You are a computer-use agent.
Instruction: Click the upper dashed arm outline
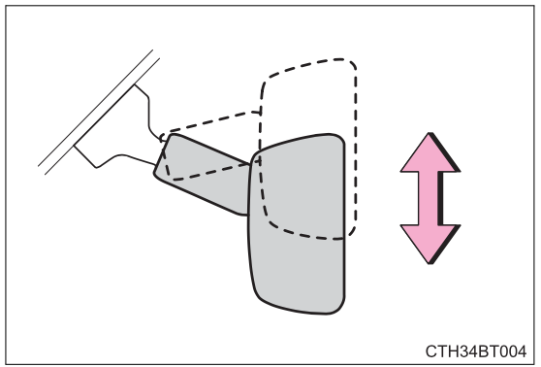pos(208,121)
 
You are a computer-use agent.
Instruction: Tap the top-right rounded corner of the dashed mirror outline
pos(349,68)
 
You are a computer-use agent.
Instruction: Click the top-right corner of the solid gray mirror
pos(339,141)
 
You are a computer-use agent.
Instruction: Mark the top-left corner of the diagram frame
pos(6,6)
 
